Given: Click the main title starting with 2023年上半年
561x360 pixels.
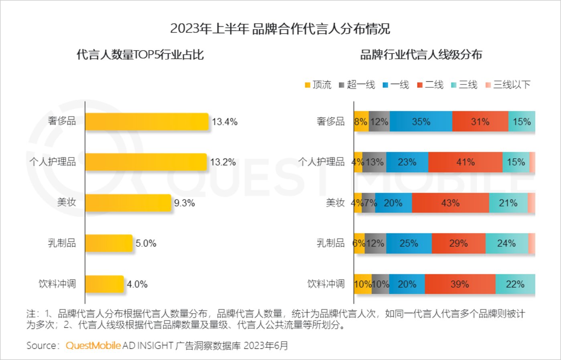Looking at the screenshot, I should pos(280,29).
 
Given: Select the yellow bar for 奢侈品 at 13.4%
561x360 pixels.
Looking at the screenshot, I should pos(147,121).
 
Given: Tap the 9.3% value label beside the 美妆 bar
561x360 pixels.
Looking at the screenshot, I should pos(184,203).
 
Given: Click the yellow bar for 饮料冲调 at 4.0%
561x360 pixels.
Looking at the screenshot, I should pos(105,284).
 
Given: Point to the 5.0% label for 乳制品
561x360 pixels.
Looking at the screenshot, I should pos(146,243).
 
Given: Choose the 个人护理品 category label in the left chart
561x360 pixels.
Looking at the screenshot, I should pos(53,162).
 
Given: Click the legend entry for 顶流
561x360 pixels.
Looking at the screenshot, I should pos(318,85).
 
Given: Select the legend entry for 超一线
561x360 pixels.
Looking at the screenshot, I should pos(357,85).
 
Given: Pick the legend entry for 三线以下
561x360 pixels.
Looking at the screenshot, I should pos(508,85).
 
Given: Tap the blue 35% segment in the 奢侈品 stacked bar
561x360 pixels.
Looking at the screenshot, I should pos(421,121).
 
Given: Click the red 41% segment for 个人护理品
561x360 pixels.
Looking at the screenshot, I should pos(465,162).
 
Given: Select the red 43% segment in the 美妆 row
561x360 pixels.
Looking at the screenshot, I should pos(450,203).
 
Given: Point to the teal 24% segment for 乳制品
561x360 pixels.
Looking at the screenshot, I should pos(506,243).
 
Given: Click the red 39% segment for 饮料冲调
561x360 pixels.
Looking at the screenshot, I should pos(460,284).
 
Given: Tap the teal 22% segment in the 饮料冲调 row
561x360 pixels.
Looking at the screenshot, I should pos(515,284).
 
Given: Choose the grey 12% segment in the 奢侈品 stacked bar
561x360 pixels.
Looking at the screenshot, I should pos(379,121).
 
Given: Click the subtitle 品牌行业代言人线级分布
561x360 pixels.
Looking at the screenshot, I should pos(421,55).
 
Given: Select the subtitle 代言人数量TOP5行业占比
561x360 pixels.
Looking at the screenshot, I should pos(140,55).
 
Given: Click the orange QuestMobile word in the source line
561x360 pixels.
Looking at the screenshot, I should pos(93,346).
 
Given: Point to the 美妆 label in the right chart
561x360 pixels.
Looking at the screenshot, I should pos(335,203).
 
